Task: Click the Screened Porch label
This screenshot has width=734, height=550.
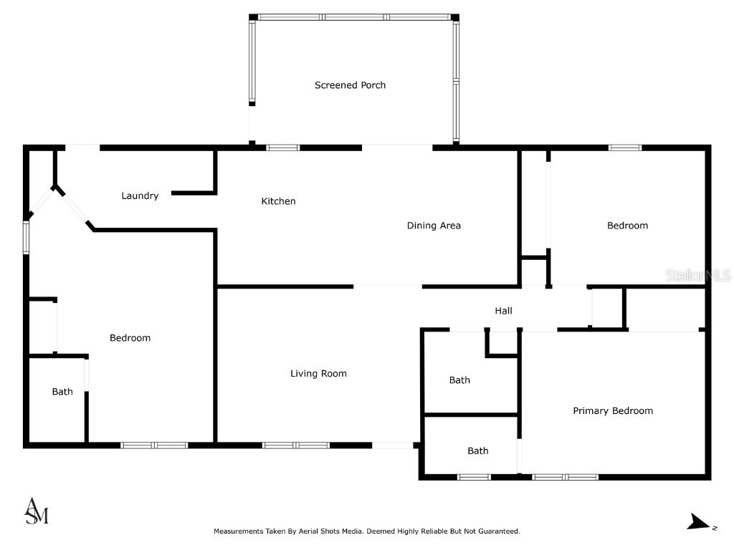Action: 350,85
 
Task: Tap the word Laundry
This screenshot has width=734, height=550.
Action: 140,196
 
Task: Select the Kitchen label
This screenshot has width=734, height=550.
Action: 278,201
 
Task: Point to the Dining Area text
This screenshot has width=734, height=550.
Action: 434,226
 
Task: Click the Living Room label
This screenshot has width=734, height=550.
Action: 318,373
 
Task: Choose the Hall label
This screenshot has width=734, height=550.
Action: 503,311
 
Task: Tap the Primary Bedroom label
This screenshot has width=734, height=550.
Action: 613,411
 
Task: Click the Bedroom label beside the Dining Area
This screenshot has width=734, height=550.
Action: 627,226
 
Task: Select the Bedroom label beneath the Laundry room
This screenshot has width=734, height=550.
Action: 130,338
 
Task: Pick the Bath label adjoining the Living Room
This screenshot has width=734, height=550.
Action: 459,380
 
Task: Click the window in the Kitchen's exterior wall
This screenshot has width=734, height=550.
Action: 283,148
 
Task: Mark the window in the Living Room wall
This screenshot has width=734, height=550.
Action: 295,445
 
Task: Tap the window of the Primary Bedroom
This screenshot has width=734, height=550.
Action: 565,476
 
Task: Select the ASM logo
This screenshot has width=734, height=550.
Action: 37,511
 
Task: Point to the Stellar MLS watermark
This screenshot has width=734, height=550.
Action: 697,275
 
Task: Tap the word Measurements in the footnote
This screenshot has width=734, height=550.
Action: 237,531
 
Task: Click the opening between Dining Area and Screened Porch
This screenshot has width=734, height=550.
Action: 397,148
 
